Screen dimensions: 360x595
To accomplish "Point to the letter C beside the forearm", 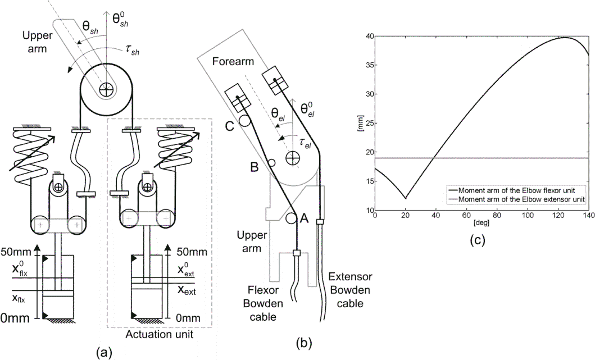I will point(229,127).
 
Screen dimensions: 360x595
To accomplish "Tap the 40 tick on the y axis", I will point(369,36).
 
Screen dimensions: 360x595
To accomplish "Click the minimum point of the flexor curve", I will point(405,198).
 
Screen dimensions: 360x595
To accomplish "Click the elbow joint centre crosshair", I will point(292,159).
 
